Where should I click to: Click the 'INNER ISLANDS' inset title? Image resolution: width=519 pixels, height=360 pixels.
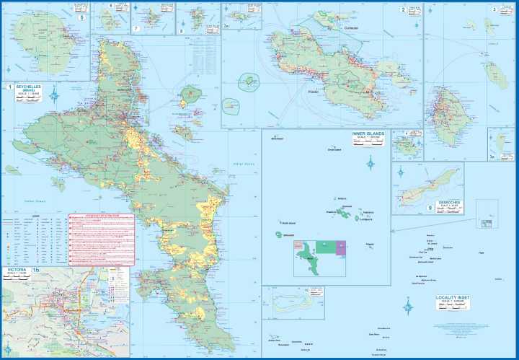(x=368, y=133)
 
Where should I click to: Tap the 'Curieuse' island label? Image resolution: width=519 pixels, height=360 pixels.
(x=351, y=27)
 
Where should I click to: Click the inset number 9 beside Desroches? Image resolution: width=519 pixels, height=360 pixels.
(x=430, y=208)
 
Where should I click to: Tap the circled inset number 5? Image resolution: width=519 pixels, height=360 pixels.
(x=81, y=17)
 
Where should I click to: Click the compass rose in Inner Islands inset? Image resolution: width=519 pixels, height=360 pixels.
(x=371, y=163)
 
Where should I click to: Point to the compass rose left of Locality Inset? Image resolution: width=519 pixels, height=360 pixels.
(x=408, y=307)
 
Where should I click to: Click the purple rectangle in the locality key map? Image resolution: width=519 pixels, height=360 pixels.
(x=341, y=247)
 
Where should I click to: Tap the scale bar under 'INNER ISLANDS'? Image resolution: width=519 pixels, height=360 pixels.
(x=368, y=143)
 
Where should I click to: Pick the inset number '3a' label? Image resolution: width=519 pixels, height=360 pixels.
(x=493, y=156)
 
